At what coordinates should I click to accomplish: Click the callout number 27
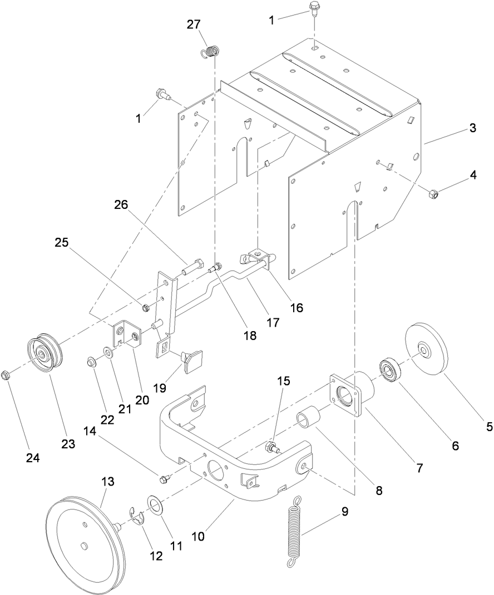194,25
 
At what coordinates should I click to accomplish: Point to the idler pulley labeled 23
44,354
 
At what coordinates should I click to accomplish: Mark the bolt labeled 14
165,478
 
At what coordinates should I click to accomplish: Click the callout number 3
472,128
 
